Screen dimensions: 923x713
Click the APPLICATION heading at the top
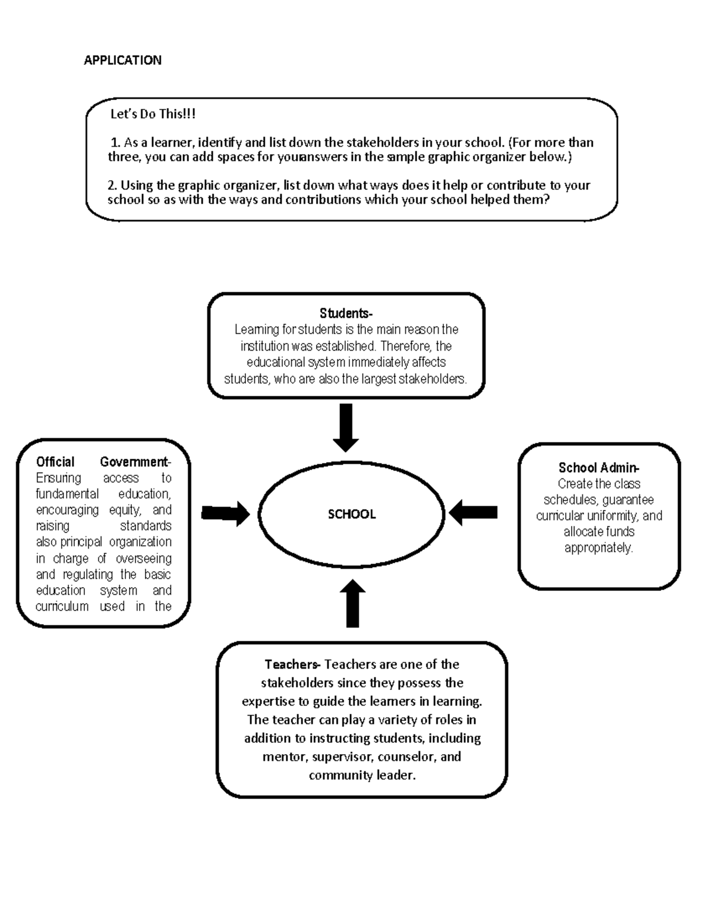pos(122,60)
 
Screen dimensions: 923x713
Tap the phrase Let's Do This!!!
pos(153,114)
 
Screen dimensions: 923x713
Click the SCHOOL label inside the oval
pos(352,515)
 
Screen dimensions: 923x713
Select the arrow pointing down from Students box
pos(345,427)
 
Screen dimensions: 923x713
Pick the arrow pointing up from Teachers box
pos(352,603)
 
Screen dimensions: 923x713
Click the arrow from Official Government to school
pos(226,514)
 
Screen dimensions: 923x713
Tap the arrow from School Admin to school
pos(473,513)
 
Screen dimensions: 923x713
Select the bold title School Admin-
pos(598,468)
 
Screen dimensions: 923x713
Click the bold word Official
pos(55,462)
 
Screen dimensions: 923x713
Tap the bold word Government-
pos(135,462)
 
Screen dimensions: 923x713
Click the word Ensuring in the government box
pos(58,478)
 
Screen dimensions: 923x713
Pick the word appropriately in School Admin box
pos(598,548)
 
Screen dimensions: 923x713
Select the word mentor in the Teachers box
pos(284,757)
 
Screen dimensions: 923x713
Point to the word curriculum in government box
pos(62,606)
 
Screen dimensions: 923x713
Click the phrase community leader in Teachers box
pos(362,776)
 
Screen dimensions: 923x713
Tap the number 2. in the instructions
pos(113,185)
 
